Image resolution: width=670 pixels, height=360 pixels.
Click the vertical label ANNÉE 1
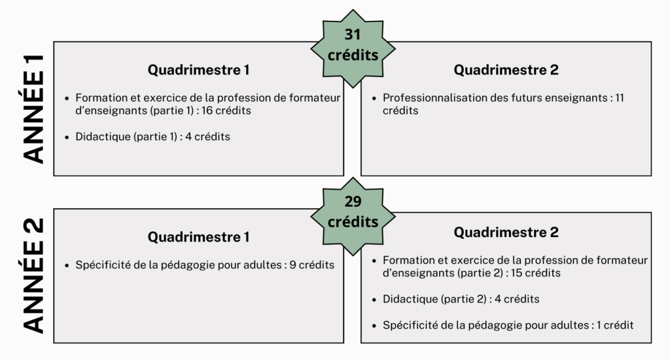33,109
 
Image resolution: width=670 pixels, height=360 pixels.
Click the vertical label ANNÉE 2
33,276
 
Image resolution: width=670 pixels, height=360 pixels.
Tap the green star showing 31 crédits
353,48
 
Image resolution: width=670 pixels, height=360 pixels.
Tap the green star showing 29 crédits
353,217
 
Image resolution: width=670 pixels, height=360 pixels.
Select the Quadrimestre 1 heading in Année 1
199,69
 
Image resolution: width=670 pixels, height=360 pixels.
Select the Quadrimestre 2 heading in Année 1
506,69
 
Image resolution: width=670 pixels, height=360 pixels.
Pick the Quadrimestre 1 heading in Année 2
199,237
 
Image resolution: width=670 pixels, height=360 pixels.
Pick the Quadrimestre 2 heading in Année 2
506,232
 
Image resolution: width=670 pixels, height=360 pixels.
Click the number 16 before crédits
207,111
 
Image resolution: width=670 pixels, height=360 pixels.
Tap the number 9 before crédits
292,264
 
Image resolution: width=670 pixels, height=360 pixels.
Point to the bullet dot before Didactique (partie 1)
67,137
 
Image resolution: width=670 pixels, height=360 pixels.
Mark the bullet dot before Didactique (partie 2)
374,300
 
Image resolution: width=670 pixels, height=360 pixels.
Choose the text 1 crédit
615,325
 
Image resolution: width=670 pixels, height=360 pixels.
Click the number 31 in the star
353,34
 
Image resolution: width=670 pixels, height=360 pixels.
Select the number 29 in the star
353,202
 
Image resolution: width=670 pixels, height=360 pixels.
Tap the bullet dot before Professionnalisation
374,99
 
